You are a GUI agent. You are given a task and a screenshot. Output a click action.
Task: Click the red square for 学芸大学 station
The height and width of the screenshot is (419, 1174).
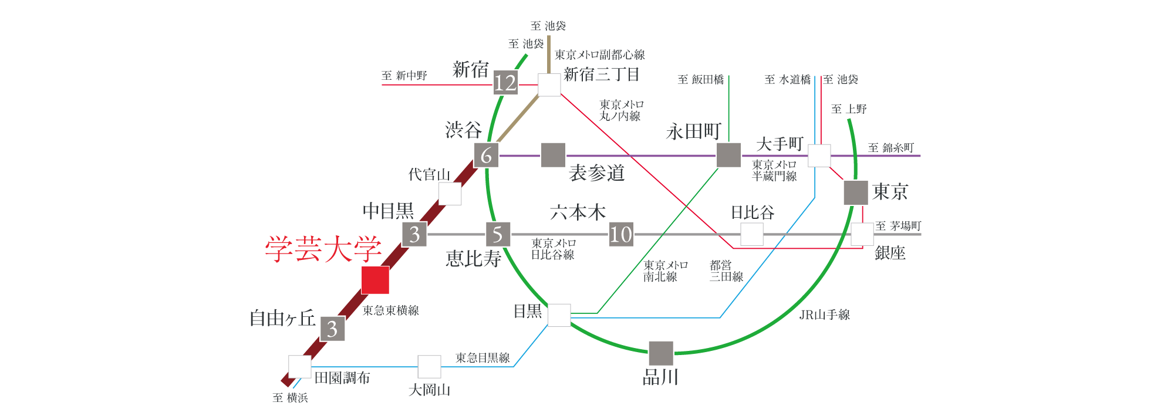[375, 280]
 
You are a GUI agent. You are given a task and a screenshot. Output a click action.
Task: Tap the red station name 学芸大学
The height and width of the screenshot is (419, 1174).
[323, 249]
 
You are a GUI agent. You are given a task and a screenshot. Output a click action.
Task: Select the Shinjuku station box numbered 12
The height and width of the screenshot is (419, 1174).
[505, 83]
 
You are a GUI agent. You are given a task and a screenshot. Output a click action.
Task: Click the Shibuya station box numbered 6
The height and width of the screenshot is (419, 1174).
[486, 156]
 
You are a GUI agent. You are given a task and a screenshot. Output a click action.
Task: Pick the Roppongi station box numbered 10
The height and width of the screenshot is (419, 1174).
[620, 234]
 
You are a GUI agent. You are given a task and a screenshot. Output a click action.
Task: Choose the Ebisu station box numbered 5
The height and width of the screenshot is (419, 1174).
[498, 234]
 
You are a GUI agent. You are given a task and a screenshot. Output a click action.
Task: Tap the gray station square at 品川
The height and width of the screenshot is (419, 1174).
[661, 353]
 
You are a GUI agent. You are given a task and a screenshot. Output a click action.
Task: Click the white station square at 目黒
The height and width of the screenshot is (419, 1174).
[559, 315]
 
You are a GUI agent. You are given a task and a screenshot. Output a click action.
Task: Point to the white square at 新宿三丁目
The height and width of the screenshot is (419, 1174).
[549, 85]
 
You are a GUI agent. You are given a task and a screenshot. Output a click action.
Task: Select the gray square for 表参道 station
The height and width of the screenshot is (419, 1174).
[553, 155]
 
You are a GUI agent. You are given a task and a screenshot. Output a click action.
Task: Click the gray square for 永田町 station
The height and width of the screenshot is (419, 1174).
[729, 155]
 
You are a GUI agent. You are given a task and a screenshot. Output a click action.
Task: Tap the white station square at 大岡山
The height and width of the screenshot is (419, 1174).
[429, 367]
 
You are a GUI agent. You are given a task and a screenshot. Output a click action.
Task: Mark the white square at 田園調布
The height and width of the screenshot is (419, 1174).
[300, 367]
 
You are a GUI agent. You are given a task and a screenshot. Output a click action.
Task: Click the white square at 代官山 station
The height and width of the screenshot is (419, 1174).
[450, 194]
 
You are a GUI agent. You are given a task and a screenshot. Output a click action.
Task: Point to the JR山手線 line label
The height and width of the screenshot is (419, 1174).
[824, 315]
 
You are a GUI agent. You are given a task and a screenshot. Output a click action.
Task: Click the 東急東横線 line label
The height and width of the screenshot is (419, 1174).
[390, 310]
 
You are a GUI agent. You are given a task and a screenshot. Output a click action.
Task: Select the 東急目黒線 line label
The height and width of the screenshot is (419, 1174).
[483, 357]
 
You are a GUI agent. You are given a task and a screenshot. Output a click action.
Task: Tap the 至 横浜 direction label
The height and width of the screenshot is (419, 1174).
[290, 398]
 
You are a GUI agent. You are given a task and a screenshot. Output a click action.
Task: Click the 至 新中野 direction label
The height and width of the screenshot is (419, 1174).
[404, 76]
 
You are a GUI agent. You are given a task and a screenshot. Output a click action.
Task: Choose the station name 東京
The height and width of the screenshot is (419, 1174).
[890, 192]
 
